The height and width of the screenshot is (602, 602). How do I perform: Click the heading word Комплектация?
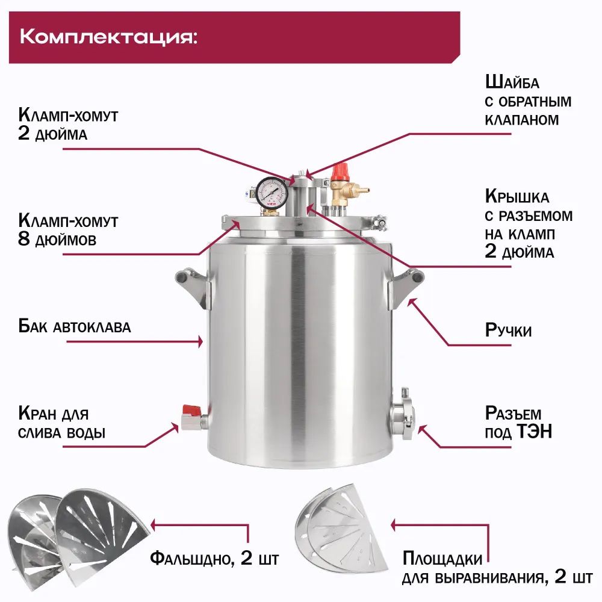108,36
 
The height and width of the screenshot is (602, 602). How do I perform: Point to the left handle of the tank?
191,286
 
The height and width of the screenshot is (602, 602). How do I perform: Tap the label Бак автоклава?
75,327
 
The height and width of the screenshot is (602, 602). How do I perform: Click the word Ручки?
509,330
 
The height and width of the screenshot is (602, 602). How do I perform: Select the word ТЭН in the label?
536,432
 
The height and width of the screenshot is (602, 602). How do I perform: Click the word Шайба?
512,82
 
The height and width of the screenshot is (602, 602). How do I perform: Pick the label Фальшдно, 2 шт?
214,559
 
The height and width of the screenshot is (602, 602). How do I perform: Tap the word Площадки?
442,559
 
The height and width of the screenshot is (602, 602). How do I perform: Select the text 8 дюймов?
57,239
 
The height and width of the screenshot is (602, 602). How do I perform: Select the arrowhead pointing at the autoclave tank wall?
201,341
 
